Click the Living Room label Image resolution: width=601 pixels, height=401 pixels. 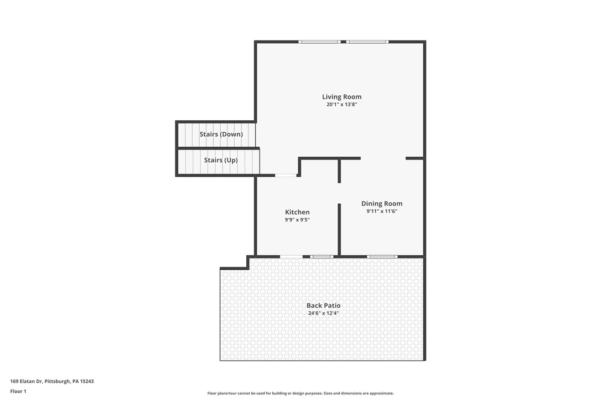tap(341, 97)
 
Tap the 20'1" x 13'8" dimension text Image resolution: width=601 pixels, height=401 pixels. tap(341, 105)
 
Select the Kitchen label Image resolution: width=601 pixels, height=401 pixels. tap(297, 212)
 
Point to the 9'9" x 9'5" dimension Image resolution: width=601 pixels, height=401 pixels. tap(297, 220)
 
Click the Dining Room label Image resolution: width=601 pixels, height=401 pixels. tap(382, 203)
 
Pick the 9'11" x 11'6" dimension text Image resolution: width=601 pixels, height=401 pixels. tap(382, 211)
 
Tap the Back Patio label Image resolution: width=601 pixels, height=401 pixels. tap(324, 305)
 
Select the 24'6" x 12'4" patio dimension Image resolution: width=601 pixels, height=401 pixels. tap(324, 313)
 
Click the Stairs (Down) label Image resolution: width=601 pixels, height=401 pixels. tap(221, 134)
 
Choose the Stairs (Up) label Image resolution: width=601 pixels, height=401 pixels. tap(221, 160)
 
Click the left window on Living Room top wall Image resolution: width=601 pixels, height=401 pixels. tap(319, 42)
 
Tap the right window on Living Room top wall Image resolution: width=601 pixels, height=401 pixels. tap(368, 42)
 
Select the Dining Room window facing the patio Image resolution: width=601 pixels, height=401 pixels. tap(382, 256)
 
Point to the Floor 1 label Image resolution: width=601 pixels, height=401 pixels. tap(18, 391)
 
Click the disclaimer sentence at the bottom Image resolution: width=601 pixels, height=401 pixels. tap(300, 393)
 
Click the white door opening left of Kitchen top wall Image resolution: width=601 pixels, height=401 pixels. tap(286, 176)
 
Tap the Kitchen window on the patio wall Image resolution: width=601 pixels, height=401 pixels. tap(321, 256)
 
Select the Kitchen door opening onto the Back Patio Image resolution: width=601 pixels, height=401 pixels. tap(291, 256)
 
